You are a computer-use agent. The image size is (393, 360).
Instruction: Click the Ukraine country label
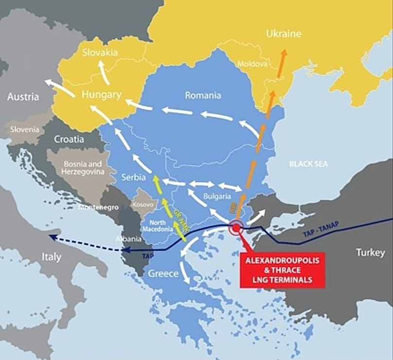[x=284, y=34]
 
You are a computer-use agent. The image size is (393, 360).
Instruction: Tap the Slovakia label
[x=100, y=52]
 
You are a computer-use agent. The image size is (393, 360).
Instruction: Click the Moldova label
[x=251, y=64]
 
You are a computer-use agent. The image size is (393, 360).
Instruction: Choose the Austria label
[x=23, y=97]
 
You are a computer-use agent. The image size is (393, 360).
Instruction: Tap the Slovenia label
[x=26, y=130]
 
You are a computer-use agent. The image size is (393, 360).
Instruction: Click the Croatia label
[x=69, y=139]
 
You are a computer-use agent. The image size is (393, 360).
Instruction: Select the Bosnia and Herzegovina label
[x=82, y=168]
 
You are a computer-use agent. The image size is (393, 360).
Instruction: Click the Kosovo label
[x=143, y=206]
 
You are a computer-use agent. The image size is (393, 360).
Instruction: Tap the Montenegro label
[x=99, y=207]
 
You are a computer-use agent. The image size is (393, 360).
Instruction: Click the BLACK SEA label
[x=308, y=164]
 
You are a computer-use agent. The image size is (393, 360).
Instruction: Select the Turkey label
[x=370, y=253]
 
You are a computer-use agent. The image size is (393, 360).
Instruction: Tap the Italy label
[x=51, y=257]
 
